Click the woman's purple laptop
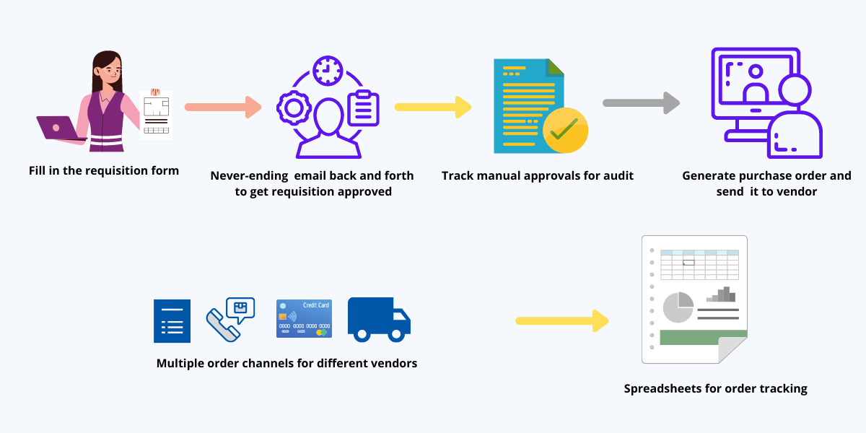[58, 128]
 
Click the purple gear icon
[294, 108]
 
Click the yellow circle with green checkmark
[565, 131]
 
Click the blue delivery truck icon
[379, 319]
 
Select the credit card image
[304, 319]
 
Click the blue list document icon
[172, 320]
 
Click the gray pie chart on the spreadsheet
[678, 307]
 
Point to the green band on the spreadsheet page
[702, 336]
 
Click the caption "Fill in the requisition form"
[104, 171]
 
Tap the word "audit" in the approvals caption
[618, 175]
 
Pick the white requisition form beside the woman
[156, 114]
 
